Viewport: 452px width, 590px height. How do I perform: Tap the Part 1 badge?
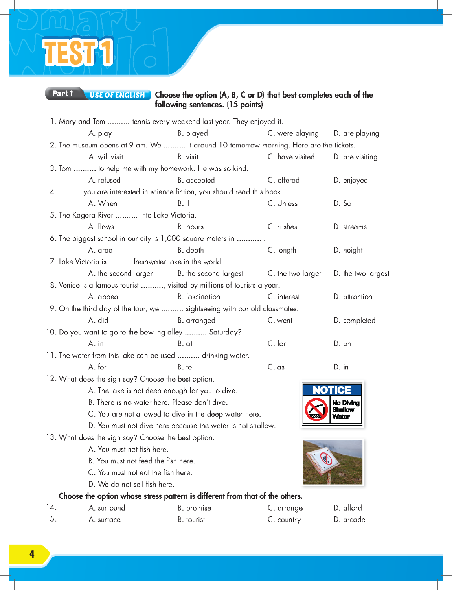(63, 93)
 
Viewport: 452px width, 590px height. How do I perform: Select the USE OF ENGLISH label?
(117, 95)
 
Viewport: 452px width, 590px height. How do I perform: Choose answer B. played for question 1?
(193, 133)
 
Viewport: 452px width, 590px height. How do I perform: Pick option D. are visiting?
(355, 157)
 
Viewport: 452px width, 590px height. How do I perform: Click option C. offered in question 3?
(283, 180)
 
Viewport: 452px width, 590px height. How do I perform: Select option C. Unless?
(282, 203)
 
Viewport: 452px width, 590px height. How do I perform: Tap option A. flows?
(101, 227)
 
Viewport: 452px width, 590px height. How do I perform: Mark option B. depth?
(190, 250)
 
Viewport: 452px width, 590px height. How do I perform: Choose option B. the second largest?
(210, 273)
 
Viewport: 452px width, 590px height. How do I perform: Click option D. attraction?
(353, 297)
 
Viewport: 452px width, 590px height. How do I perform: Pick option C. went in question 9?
(280, 321)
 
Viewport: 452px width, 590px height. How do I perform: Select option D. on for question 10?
(342, 344)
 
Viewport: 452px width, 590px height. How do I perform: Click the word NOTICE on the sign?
(332, 390)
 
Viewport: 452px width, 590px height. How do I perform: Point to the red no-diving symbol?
(316, 409)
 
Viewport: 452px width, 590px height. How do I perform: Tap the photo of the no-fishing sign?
(333, 462)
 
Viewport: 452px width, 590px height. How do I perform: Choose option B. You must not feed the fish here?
(141, 461)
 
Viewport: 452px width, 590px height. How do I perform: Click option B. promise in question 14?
(194, 508)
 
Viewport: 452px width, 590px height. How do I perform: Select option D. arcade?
(349, 520)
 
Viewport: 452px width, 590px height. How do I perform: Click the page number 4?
(32, 554)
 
